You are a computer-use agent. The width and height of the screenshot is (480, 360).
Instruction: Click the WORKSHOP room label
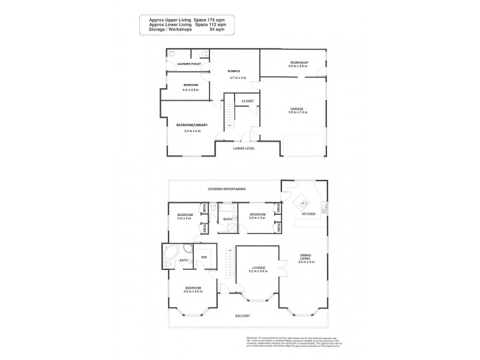pyautogui.click(x=298, y=62)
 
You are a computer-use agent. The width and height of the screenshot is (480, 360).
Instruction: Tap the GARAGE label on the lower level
pyautogui.click(x=298, y=108)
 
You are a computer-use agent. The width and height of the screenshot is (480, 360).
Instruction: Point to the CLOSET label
pyautogui.click(x=248, y=101)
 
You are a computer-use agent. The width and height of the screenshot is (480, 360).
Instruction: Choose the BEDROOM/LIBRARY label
pyautogui.click(x=191, y=125)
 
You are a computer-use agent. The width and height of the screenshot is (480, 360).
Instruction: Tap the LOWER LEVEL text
pyautogui.click(x=246, y=148)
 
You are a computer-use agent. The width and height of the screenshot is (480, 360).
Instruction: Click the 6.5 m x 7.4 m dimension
pyautogui.click(x=298, y=112)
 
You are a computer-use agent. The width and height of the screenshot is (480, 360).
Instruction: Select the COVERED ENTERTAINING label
pyautogui.click(x=226, y=189)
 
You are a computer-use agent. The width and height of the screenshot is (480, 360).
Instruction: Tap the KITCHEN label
pyautogui.click(x=309, y=214)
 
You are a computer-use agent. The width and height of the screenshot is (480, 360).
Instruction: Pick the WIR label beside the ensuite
pyautogui.click(x=203, y=257)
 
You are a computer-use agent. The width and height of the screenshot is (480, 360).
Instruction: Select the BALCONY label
pyautogui.click(x=242, y=316)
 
